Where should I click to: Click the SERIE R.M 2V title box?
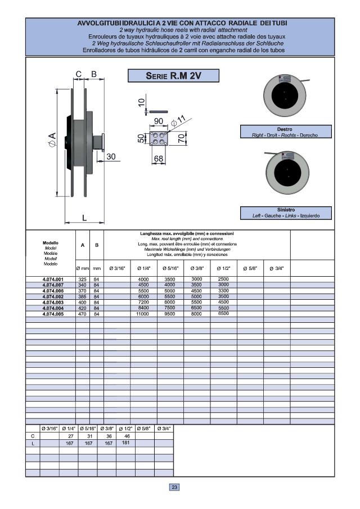pos(173,76)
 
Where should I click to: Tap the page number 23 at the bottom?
pos(174,487)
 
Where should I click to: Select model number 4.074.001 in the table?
pos(53,280)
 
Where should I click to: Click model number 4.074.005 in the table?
pos(53,314)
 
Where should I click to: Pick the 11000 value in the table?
pos(143,314)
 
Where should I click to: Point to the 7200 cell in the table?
pos(143,302)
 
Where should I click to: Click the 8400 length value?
pos(143,308)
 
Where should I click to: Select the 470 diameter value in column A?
pos(83,314)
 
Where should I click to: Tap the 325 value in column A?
pos(83,280)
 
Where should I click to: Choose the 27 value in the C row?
pos(71,436)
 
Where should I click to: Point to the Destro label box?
pos(285,132)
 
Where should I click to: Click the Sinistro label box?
pos(285,213)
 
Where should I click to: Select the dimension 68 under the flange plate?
pos(159,159)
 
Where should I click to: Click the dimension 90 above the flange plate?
pos(158,121)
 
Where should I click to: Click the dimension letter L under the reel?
pos(84,217)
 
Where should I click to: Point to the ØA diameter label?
pos(51,137)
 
